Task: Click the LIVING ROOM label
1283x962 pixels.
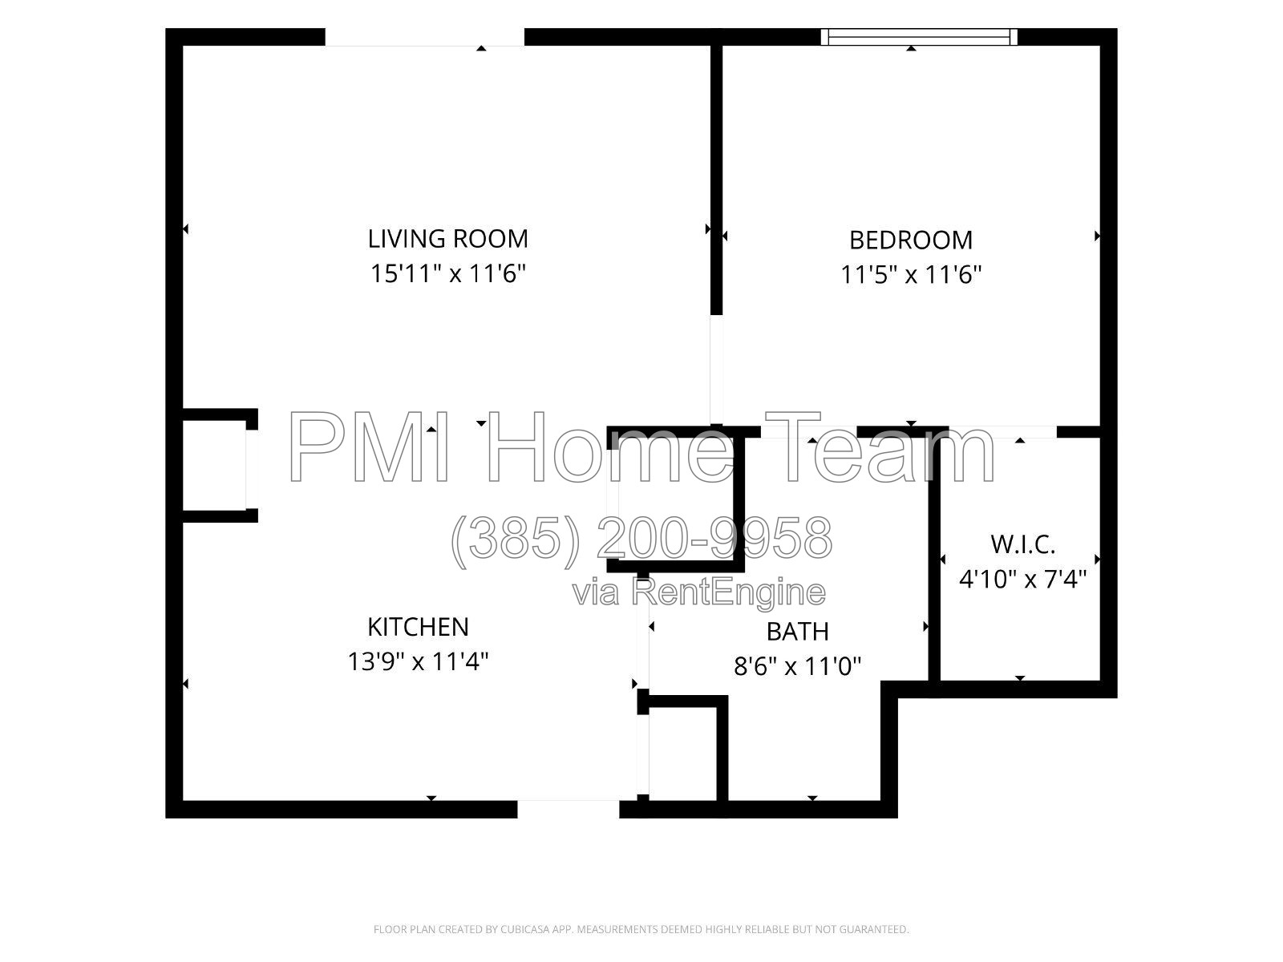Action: pyautogui.click(x=447, y=239)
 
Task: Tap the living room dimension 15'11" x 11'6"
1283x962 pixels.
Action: pyautogui.click(x=448, y=273)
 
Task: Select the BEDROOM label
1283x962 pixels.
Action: pyautogui.click(x=911, y=240)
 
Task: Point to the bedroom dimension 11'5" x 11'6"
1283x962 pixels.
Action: pyautogui.click(x=911, y=274)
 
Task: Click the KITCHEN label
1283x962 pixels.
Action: pyautogui.click(x=418, y=628)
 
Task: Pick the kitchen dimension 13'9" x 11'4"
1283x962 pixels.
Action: pyautogui.click(x=418, y=662)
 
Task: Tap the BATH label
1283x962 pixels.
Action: pyautogui.click(x=797, y=632)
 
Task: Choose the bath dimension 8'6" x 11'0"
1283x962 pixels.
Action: pyautogui.click(x=797, y=666)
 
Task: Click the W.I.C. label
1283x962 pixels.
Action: pyautogui.click(x=1022, y=544)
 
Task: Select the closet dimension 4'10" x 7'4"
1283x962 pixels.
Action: pyautogui.click(x=1022, y=580)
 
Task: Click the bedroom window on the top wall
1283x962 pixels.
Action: pyautogui.click(x=919, y=37)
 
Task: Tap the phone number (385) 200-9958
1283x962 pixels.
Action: pyautogui.click(x=641, y=540)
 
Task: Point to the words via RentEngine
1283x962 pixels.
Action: pyautogui.click(x=699, y=592)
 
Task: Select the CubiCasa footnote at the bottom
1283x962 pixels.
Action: pyautogui.click(x=641, y=929)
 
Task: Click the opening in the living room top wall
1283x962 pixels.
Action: pyautogui.click(x=425, y=37)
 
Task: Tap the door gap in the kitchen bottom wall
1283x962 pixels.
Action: pyautogui.click(x=569, y=809)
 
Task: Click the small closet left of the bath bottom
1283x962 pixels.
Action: pyautogui.click(x=682, y=754)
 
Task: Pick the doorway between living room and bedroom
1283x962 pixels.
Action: pyautogui.click(x=717, y=370)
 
